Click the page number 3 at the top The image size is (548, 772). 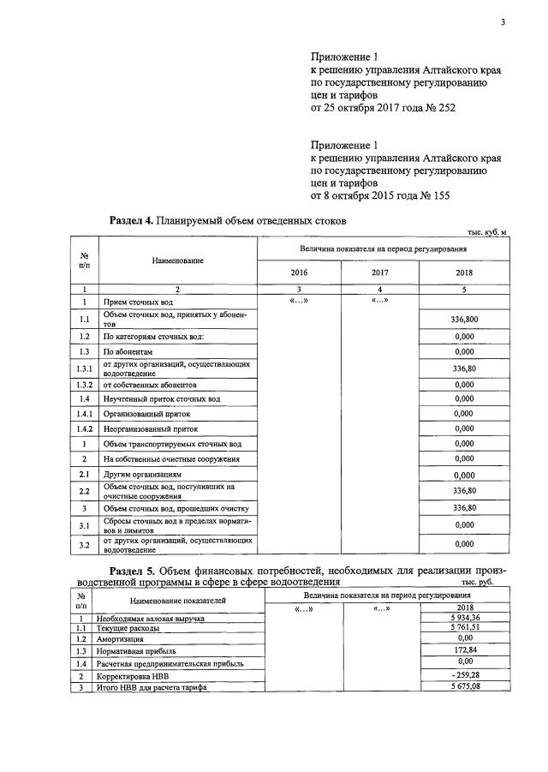point(503,23)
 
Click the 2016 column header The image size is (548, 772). point(300,272)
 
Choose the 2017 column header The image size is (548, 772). point(380,272)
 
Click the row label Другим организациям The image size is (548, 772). point(140,474)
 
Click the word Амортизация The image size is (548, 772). point(121,639)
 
